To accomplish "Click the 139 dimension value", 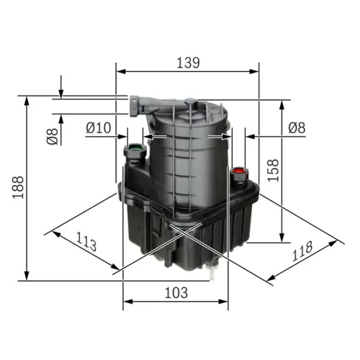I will tap(186, 63).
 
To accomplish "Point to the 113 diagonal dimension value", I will tap(86, 243).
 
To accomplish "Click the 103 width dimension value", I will tap(175, 292).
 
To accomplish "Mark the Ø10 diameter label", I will tap(98, 127).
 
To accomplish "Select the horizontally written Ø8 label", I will tap(297, 127).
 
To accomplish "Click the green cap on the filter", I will tap(134, 152).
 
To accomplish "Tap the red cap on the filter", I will tap(238, 173).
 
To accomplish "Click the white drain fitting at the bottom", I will tap(212, 272).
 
